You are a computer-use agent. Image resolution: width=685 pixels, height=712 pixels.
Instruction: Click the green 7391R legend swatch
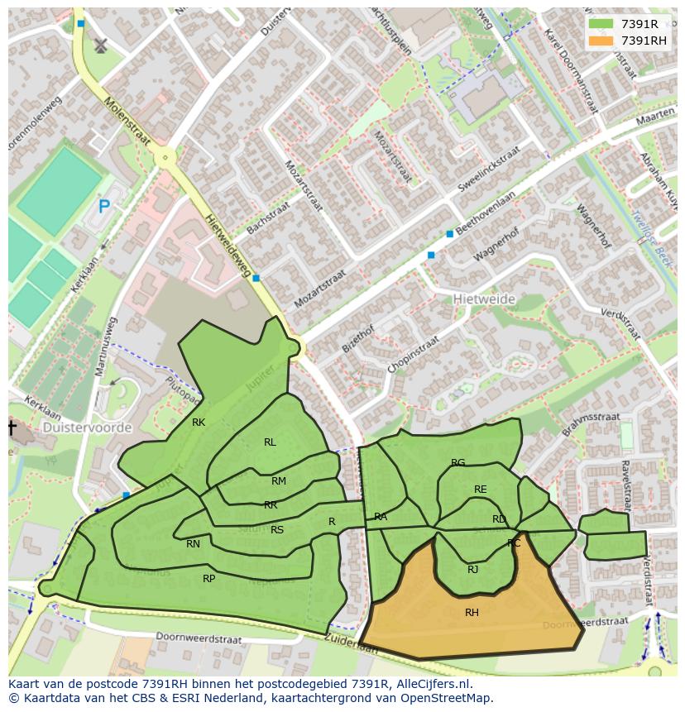[601, 24]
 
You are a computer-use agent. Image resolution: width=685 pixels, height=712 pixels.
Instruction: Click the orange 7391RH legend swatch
[601, 41]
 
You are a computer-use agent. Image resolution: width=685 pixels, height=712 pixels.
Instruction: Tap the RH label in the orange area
[472, 613]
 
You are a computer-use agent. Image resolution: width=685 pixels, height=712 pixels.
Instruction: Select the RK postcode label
[199, 423]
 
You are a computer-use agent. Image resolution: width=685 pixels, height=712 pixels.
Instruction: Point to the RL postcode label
[270, 442]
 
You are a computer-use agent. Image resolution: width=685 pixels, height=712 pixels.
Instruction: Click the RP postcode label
[209, 579]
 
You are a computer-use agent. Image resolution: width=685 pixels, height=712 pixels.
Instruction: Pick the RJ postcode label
[472, 569]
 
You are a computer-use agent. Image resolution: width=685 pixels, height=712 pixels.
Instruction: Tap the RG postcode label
[457, 463]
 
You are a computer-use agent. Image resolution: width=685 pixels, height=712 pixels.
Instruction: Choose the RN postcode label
[193, 544]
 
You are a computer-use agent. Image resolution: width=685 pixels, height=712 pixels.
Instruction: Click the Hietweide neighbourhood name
[484, 299]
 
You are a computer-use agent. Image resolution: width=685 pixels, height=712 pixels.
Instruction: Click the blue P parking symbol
[103, 207]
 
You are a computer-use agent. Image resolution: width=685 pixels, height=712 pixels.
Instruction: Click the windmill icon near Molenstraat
[101, 45]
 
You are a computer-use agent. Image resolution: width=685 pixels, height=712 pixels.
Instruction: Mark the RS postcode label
[277, 530]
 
